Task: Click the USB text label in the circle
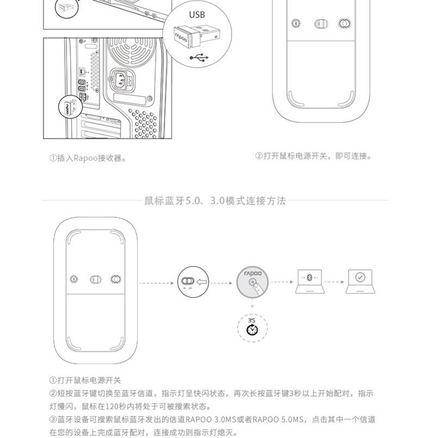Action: [197, 14]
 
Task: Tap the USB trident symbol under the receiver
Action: [199, 57]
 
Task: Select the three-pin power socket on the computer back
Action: [122, 80]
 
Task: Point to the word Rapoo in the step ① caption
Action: [85, 158]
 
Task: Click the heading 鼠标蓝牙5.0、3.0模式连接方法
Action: [215, 200]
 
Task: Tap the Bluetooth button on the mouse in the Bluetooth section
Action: [74, 279]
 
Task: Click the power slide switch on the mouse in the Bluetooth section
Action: [95, 279]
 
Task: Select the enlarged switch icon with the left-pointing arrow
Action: [193, 282]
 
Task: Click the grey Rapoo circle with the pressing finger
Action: [252, 282]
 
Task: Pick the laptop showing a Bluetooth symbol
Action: [310, 282]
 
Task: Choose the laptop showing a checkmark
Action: [360, 282]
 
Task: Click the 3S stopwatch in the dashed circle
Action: [252, 327]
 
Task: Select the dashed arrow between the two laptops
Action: [334, 282]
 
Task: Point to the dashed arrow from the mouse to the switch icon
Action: [157, 283]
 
